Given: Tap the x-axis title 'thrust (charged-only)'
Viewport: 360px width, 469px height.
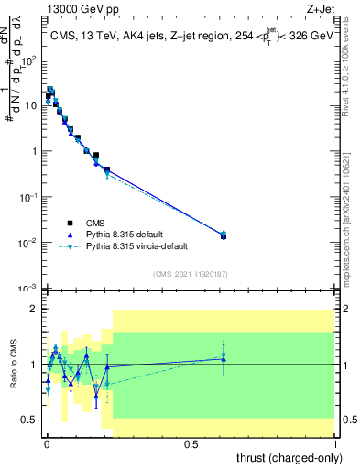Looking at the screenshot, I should click(x=289, y=457).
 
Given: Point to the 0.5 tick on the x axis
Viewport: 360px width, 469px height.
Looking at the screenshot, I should click(x=191, y=444).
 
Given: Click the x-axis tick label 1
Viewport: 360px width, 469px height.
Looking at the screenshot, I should click(x=335, y=444).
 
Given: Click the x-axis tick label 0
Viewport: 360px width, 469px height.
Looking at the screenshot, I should click(x=47, y=444).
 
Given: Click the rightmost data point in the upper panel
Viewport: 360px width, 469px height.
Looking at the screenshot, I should click(x=224, y=235).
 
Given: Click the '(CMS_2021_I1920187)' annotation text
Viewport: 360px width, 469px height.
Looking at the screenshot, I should click(x=190, y=274).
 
